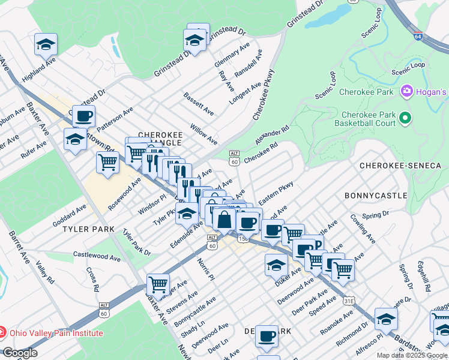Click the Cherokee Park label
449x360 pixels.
(x=366, y=92)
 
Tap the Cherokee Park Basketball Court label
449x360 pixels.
(x=367, y=119)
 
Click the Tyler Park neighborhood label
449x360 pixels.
(x=88, y=229)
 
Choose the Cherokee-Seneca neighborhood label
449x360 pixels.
(x=400, y=165)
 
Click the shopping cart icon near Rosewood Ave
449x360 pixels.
(x=108, y=161)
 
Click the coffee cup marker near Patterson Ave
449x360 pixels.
(x=84, y=115)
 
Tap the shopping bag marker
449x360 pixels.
(x=224, y=219)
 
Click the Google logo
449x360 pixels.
(x=20, y=353)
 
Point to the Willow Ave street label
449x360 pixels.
(x=203, y=134)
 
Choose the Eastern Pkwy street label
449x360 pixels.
(x=276, y=193)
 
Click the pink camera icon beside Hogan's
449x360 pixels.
(x=406, y=91)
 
